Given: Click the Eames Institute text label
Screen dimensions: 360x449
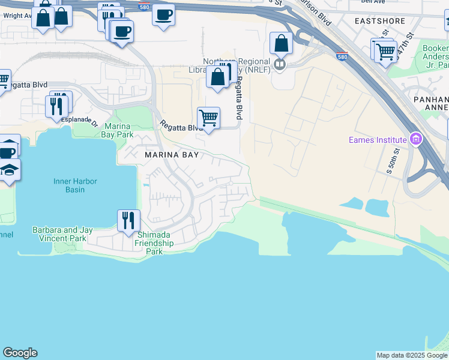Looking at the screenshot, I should click(378, 140).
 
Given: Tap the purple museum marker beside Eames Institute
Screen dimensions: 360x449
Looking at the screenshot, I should click(415, 140).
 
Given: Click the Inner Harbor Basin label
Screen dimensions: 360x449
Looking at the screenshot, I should click(75, 185).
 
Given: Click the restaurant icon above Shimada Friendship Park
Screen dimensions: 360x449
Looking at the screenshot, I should click(129, 220).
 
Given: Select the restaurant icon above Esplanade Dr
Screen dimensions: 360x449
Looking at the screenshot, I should click(56, 106).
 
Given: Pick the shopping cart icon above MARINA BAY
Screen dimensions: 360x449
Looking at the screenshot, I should click(208, 118).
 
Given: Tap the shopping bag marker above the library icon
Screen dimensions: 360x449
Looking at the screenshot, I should click(281, 43).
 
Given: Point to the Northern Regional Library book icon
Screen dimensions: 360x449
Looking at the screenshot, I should click(279, 64).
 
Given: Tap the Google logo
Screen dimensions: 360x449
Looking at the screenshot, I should click(20, 353).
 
